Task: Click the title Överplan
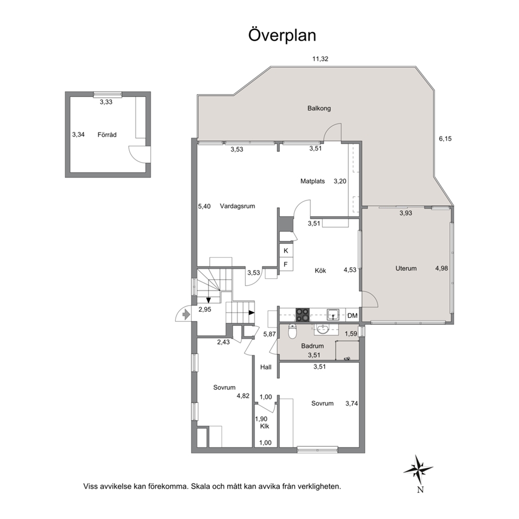(x=282, y=36)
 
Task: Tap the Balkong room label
(x=319, y=108)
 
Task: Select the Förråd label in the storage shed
(x=107, y=134)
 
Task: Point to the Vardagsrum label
(x=238, y=206)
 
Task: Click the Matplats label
(x=312, y=181)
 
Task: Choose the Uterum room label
(x=406, y=268)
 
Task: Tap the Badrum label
(x=312, y=346)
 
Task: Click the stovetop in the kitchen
(x=302, y=315)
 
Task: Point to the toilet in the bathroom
(x=292, y=332)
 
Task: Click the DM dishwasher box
(x=353, y=315)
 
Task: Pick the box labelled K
(x=286, y=251)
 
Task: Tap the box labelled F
(x=286, y=264)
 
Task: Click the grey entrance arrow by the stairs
(x=186, y=314)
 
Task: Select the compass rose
(x=418, y=470)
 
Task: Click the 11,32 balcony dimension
(x=320, y=59)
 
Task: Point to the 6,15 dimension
(x=445, y=139)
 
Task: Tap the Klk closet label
(x=264, y=426)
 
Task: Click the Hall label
(x=266, y=367)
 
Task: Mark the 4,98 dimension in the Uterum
(x=442, y=268)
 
